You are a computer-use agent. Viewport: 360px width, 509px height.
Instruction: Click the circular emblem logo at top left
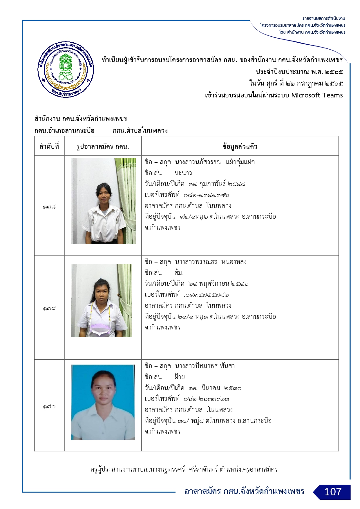[x=66, y=69]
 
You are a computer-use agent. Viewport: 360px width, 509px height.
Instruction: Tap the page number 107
[x=333, y=492]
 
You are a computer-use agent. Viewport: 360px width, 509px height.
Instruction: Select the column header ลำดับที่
[x=49, y=146]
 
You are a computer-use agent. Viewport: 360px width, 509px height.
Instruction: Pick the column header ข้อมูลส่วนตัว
[x=240, y=146]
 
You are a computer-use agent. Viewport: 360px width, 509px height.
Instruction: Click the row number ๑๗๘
[x=49, y=207]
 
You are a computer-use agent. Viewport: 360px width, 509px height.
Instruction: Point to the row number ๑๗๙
[x=49, y=309]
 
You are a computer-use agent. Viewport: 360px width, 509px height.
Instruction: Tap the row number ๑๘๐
[x=49, y=407]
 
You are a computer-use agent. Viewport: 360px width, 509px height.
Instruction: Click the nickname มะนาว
[x=183, y=173]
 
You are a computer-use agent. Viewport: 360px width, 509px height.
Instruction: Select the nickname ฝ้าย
[x=180, y=377]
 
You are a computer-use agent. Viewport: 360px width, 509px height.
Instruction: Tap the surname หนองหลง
[x=234, y=262]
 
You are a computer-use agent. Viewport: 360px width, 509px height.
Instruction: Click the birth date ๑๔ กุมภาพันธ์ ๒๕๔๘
[x=217, y=184]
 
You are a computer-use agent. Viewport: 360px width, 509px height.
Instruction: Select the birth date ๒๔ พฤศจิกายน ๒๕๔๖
[x=218, y=284]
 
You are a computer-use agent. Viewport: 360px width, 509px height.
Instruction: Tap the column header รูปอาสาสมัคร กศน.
[x=103, y=146]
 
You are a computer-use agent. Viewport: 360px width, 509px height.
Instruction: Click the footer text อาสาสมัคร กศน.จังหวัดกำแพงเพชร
[x=244, y=491]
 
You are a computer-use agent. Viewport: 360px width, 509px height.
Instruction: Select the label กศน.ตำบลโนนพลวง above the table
[x=140, y=131]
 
